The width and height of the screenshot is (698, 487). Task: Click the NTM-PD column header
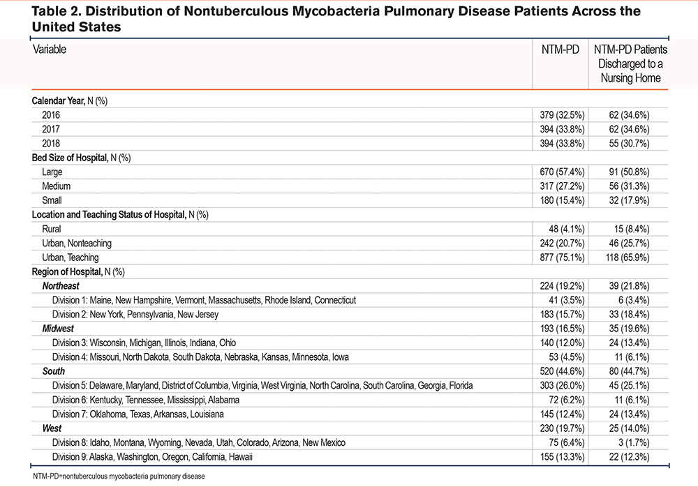[560, 50]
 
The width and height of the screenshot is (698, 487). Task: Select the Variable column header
[50, 49]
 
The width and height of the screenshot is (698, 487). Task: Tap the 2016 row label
[51, 115]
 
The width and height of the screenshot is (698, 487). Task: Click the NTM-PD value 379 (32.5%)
[562, 115]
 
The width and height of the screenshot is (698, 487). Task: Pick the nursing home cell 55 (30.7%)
[629, 143]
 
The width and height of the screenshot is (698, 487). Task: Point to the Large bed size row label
[52, 172]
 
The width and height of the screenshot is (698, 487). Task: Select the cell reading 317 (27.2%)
[562, 186]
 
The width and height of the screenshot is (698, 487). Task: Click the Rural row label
[51, 229]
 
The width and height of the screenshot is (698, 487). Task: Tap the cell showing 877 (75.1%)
[562, 257]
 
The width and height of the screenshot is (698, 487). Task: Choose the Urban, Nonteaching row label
[77, 243]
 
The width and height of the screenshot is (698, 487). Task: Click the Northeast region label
[61, 286]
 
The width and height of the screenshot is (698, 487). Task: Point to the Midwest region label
[58, 329]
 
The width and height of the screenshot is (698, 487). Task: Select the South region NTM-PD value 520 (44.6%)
[562, 371]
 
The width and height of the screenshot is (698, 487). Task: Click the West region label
[52, 428]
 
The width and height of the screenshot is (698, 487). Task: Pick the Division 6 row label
[146, 400]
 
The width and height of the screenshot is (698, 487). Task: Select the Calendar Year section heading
[69, 100]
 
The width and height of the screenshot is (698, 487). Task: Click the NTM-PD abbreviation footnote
[119, 477]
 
